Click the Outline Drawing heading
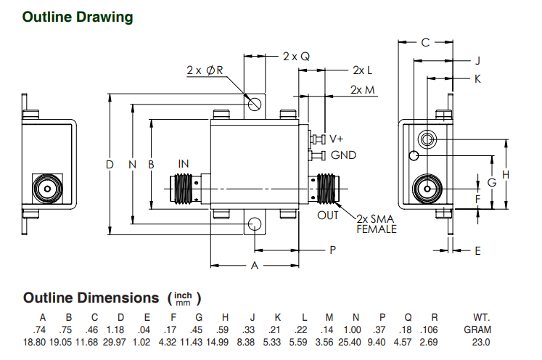(x=78, y=17)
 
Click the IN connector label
(x=186, y=163)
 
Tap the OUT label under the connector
(x=328, y=216)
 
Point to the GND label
(x=343, y=155)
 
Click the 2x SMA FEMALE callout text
(x=377, y=224)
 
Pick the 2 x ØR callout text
(x=205, y=70)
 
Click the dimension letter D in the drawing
(x=110, y=165)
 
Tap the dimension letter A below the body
(x=255, y=266)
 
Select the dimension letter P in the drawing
(x=332, y=250)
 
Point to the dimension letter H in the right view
(x=506, y=174)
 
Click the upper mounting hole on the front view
(x=255, y=105)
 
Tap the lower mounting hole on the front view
(x=255, y=224)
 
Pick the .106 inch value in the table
(x=434, y=330)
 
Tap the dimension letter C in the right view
(x=425, y=43)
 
